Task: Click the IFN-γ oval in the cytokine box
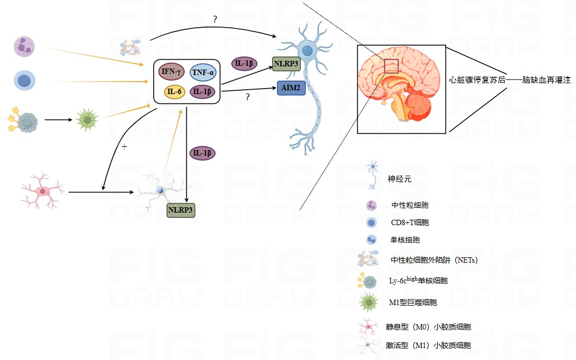coord(172,71)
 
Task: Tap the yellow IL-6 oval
coord(174,91)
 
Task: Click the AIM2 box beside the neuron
coord(291,88)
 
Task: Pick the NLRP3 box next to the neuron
coord(286,64)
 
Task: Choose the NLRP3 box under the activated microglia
coord(180,209)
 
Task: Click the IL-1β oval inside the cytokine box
coord(202,91)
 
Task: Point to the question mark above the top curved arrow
coord(215,20)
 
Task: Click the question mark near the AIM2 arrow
coord(248,97)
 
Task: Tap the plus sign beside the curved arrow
coord(124,147)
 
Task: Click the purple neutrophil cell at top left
coord(24,47)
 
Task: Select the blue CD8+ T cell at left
coord(24,80)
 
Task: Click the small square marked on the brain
coord(391,66)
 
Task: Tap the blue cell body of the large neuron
coord(308,51)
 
